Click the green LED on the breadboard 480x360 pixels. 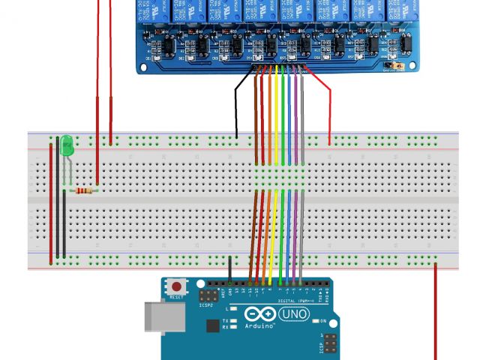pyautogui.click(x=67, y=145)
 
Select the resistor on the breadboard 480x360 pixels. pyautogui.click(x=85, y=190)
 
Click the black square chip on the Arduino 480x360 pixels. pyautogui.click(x=213, y=326)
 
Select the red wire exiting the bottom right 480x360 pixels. pyautogui.click(x=435, y=315)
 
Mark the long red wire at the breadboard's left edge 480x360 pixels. pyautogui.click(x=51, y=202)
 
